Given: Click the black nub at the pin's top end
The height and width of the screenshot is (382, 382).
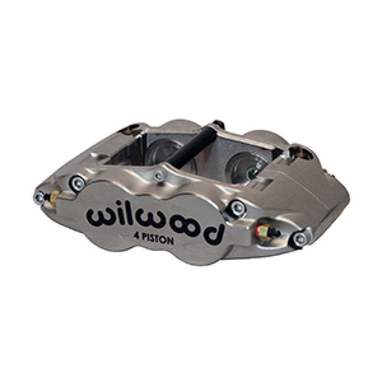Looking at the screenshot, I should click(217, 123).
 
